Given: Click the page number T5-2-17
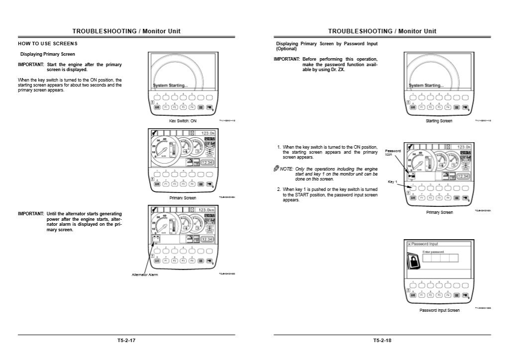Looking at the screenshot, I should (126, 341).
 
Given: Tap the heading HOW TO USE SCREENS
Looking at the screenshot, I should (47, 44).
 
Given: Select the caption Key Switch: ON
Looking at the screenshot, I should (183, 121).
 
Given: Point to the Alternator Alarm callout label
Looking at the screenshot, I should (145, 274).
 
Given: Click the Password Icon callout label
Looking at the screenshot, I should (393, 153).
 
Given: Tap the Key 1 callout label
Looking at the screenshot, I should (392, 182).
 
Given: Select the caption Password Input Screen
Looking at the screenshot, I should (439, 310).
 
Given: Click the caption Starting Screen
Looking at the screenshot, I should (439, 121).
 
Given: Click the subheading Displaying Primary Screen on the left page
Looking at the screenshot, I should (48, 54).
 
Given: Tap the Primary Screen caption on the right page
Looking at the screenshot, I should (439, 212).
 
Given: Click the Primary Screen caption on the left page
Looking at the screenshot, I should (183, 198).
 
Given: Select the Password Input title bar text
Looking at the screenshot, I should (424, 244).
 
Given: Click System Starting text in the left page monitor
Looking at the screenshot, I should (170, 86).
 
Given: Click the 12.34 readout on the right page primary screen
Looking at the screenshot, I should (463, 177).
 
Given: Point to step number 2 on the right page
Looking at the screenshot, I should (279, 189).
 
